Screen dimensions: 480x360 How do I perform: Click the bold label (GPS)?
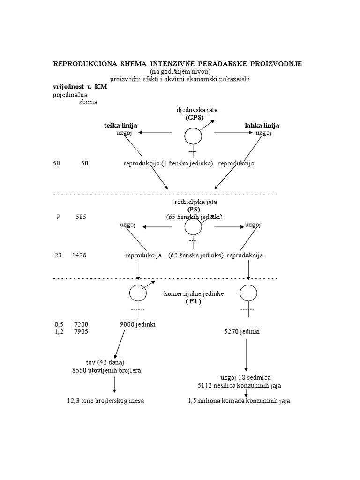click(x=194, y=117)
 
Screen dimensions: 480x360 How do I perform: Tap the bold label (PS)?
click(x=194, y=209)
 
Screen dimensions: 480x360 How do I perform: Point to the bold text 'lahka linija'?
click(x=262, y=126)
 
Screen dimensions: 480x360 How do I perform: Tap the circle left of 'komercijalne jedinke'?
click(x=138, y=293)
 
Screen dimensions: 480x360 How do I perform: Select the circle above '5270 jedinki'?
click(x=248, y=293)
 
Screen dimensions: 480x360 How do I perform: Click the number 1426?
click(x=79, y=255)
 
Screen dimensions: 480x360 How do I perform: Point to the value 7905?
click(x=81, y=332)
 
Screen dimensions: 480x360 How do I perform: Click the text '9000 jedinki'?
click(x=138, y=324)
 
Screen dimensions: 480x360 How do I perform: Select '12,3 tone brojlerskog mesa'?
click(x=105, y=401)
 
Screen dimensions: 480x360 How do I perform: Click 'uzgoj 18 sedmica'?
click(x=246, y=378)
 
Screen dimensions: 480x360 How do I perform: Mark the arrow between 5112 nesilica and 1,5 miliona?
click(x=246, y=393)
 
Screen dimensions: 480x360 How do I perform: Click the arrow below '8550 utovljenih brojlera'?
click(x=114, y=385)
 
